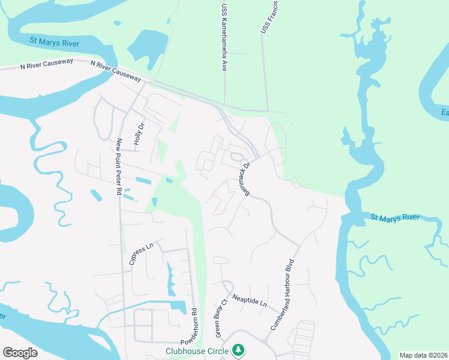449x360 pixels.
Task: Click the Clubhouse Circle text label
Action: pos(199,350)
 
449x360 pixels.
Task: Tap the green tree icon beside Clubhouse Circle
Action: pos(238,349)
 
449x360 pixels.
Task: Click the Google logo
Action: pos(20,352)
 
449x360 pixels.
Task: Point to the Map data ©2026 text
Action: pos(423,355)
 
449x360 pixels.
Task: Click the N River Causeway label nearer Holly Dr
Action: pos(116,71)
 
